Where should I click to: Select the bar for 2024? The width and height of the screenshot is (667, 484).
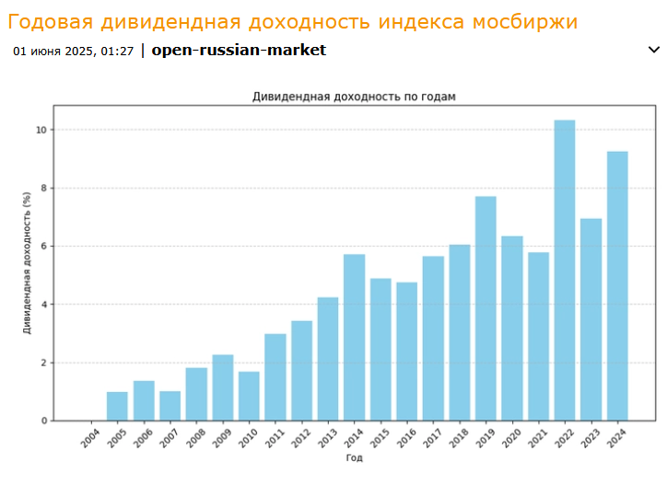pos(617,285)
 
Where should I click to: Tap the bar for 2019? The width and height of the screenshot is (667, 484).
pos(486,308)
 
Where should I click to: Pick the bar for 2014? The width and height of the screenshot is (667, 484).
pos(355,337)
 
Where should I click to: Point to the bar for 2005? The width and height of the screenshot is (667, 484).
pos(117,406)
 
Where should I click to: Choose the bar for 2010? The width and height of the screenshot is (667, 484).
pos(249,396)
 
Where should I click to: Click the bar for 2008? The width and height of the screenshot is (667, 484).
pos(196,394)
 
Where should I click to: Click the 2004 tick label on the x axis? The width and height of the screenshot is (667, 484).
pos(88,438)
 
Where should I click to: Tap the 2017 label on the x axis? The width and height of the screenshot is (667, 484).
pos(430,438)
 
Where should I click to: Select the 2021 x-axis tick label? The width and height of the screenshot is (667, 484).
pos(535,438)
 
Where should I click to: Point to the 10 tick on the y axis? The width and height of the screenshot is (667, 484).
pos(41,130)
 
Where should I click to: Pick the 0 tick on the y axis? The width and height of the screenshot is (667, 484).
pos(42,421)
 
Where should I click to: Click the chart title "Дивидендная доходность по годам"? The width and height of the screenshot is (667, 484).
pos(354,96)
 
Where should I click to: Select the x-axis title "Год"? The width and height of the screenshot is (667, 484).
pos(354,457)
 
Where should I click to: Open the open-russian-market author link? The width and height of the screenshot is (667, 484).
pos(239,51)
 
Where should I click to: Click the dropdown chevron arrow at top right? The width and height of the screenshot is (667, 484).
pos(654,50)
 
